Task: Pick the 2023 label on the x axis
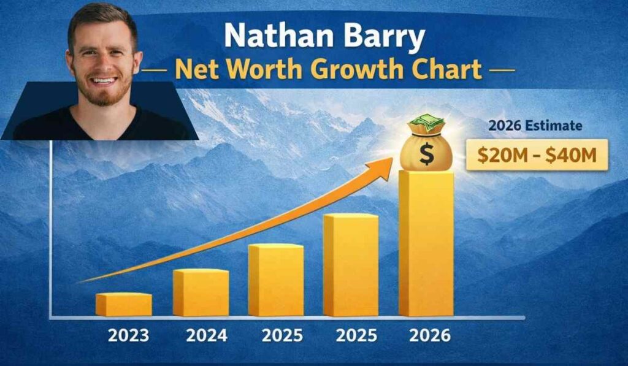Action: pos(128,336)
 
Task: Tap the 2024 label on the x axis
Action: pos(206,336)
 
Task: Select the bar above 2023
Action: pos(123,305)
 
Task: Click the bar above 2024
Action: pos(201,292)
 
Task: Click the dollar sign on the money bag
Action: pos(426,154)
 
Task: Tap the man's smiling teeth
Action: pos(104,80)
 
